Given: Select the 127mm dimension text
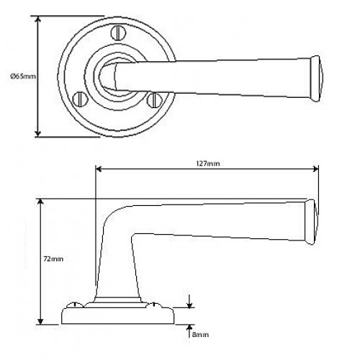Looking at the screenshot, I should click(x=208, y=163).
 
